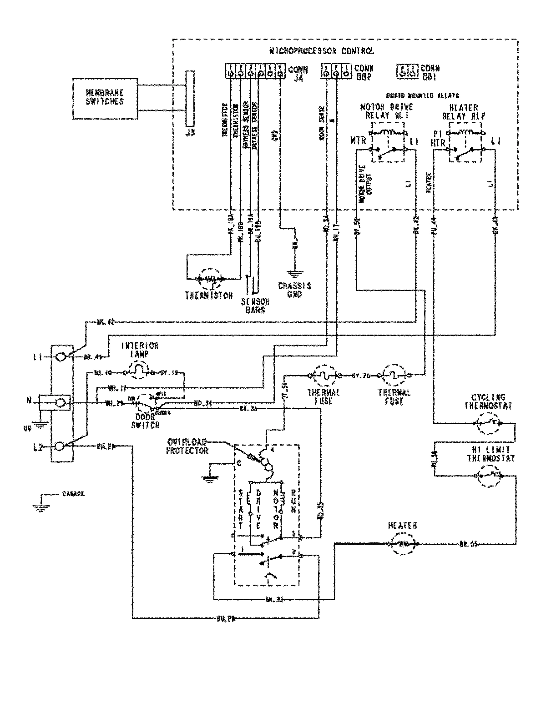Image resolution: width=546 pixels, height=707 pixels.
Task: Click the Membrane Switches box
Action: pos(106,99)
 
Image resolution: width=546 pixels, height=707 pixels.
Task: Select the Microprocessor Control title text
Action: pos(322,51)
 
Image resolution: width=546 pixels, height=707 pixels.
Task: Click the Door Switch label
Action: pos(145,421)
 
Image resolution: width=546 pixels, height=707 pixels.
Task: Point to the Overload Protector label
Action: pos(187,446)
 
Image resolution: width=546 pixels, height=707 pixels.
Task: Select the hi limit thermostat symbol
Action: pos(488,476)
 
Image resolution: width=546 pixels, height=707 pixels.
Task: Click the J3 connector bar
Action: pos(189,99)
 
